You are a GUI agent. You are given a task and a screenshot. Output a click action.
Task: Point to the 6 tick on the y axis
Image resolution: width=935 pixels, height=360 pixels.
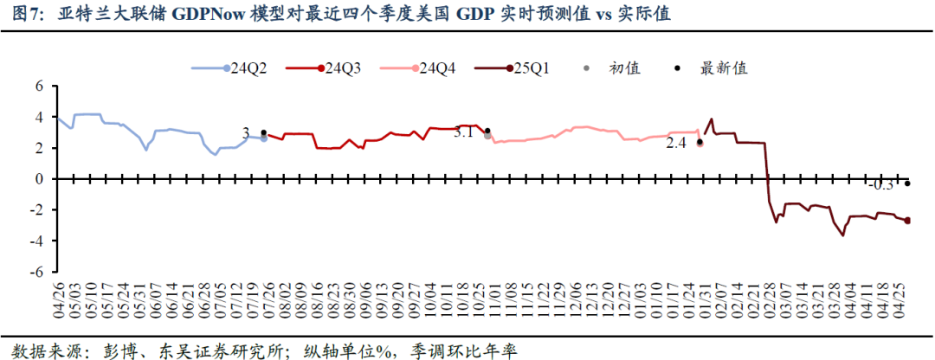(39, 87)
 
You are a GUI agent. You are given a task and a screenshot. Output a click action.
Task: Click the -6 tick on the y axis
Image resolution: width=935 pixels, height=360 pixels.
(36, 272)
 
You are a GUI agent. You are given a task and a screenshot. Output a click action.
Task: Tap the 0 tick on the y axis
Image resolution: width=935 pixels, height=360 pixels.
(39, 179)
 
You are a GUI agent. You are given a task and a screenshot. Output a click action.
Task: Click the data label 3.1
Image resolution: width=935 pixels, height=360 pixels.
(464, 132)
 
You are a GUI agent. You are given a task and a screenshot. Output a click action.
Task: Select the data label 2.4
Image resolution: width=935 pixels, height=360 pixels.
(675, 144)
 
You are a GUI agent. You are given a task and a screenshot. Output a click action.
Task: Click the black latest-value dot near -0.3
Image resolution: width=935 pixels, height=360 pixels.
(907, 183)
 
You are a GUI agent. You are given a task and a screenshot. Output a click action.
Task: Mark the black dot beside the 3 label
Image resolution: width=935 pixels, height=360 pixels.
(264, 132)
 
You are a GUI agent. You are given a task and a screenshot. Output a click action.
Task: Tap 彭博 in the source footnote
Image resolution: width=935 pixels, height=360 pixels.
(100, 350)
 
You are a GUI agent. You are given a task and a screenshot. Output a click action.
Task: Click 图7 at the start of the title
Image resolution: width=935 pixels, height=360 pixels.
(22, 15)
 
